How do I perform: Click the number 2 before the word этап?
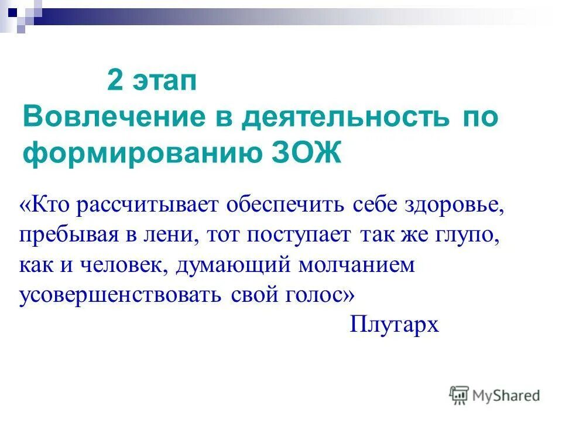click(115, 81)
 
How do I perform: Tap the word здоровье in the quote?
click(454, 205)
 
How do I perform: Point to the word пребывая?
click(68, 235)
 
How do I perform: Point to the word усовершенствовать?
click(120, 295)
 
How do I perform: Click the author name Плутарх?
click(394, 324)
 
